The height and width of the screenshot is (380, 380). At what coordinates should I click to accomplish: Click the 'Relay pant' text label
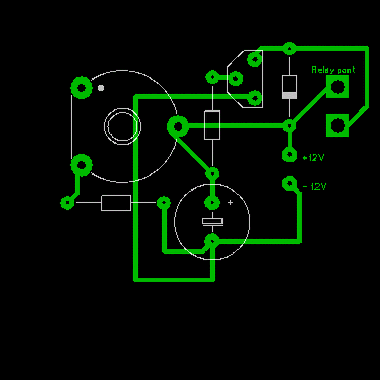coord(333,70)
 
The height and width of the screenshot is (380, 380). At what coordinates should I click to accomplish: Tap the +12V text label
coord(313,157)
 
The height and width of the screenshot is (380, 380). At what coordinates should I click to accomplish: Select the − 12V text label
coord(314,186)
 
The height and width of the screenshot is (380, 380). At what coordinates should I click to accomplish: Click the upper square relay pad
coord(338,87)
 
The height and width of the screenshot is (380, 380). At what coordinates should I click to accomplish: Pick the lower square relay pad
coord(338,125)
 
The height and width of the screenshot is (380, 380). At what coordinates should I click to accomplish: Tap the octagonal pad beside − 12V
coord(290,183)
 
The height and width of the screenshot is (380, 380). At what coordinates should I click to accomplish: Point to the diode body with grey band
coord(290,87)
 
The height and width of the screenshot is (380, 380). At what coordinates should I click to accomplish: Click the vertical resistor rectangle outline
coord(212,125)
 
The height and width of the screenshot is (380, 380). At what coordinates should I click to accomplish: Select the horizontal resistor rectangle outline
coord(116,203)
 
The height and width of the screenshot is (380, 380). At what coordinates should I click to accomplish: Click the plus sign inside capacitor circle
coord(230,203)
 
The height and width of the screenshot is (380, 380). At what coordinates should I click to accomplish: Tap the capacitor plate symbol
coord(212,221)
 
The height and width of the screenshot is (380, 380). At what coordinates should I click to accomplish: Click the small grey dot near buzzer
coord(101,88)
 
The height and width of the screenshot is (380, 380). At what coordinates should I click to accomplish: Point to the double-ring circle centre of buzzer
coord(122,126)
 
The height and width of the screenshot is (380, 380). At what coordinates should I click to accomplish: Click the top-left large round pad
coord(82,87)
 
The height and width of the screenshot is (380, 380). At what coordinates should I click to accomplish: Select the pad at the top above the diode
coord(290,49)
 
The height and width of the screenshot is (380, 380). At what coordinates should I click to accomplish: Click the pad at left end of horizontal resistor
coord(68,203)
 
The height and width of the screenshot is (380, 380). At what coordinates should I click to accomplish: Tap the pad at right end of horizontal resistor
coord(164,203)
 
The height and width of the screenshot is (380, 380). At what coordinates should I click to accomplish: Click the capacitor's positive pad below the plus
coord(212,203)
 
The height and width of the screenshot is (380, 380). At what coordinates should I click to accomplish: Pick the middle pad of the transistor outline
coord(236,78)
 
